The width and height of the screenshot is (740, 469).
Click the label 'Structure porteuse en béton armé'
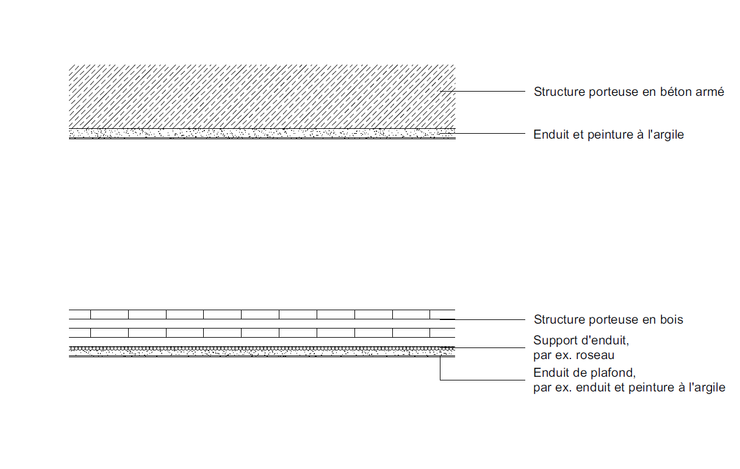coord(629,92)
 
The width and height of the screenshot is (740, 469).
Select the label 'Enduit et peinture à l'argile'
coord(608,135)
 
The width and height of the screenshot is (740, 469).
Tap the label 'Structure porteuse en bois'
coord(608,319)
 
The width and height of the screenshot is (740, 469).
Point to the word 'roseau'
coord(595,355)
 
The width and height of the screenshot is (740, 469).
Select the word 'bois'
coord(671,319)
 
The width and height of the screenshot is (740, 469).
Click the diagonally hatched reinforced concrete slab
coord(262,96)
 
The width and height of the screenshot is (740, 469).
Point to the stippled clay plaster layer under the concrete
coord(262,133)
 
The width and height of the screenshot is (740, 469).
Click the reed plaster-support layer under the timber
coord(262,349)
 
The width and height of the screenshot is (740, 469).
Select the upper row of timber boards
coord(262,314)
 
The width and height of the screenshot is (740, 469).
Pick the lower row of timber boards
coord(262,333)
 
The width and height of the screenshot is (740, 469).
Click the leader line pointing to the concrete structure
coord(483,91)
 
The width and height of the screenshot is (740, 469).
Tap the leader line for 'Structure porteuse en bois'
coord(483,319)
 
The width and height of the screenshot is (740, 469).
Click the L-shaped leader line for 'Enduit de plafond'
coord(440,380)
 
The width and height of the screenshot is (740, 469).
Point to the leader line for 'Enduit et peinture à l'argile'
coord(483,134)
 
